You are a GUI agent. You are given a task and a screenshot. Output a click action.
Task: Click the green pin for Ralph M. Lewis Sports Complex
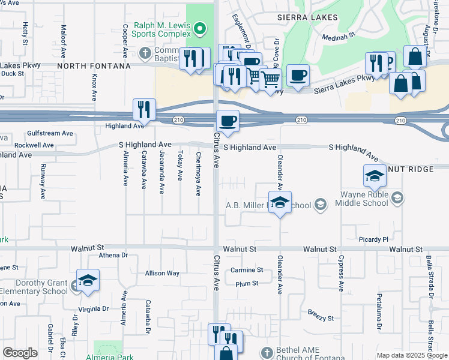click(x=202, y=27)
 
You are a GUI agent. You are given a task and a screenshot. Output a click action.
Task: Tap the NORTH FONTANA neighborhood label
click(x=94, y=65)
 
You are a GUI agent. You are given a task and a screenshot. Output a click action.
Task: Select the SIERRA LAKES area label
click(x=308, y=18)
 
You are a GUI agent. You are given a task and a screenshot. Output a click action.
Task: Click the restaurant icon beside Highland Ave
click(x=144, y=109)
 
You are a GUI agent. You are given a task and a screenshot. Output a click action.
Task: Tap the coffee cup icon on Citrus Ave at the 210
click(x=228, y=121)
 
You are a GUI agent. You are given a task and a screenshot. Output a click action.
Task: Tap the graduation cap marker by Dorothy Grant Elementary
click(x=88, y=280)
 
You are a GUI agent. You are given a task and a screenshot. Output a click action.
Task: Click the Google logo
click(x=20, y=353)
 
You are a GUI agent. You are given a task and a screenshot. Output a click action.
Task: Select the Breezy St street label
click(x=321, y=315)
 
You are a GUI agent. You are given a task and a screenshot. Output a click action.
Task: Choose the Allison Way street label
click(x=162, y=274)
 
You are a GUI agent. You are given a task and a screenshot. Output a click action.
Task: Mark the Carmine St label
click(x=247, y=271)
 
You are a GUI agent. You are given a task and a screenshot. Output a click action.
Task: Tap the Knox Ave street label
click(x=95, y=88)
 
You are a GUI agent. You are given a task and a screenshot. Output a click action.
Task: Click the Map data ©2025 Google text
click(x=411, y=355)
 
